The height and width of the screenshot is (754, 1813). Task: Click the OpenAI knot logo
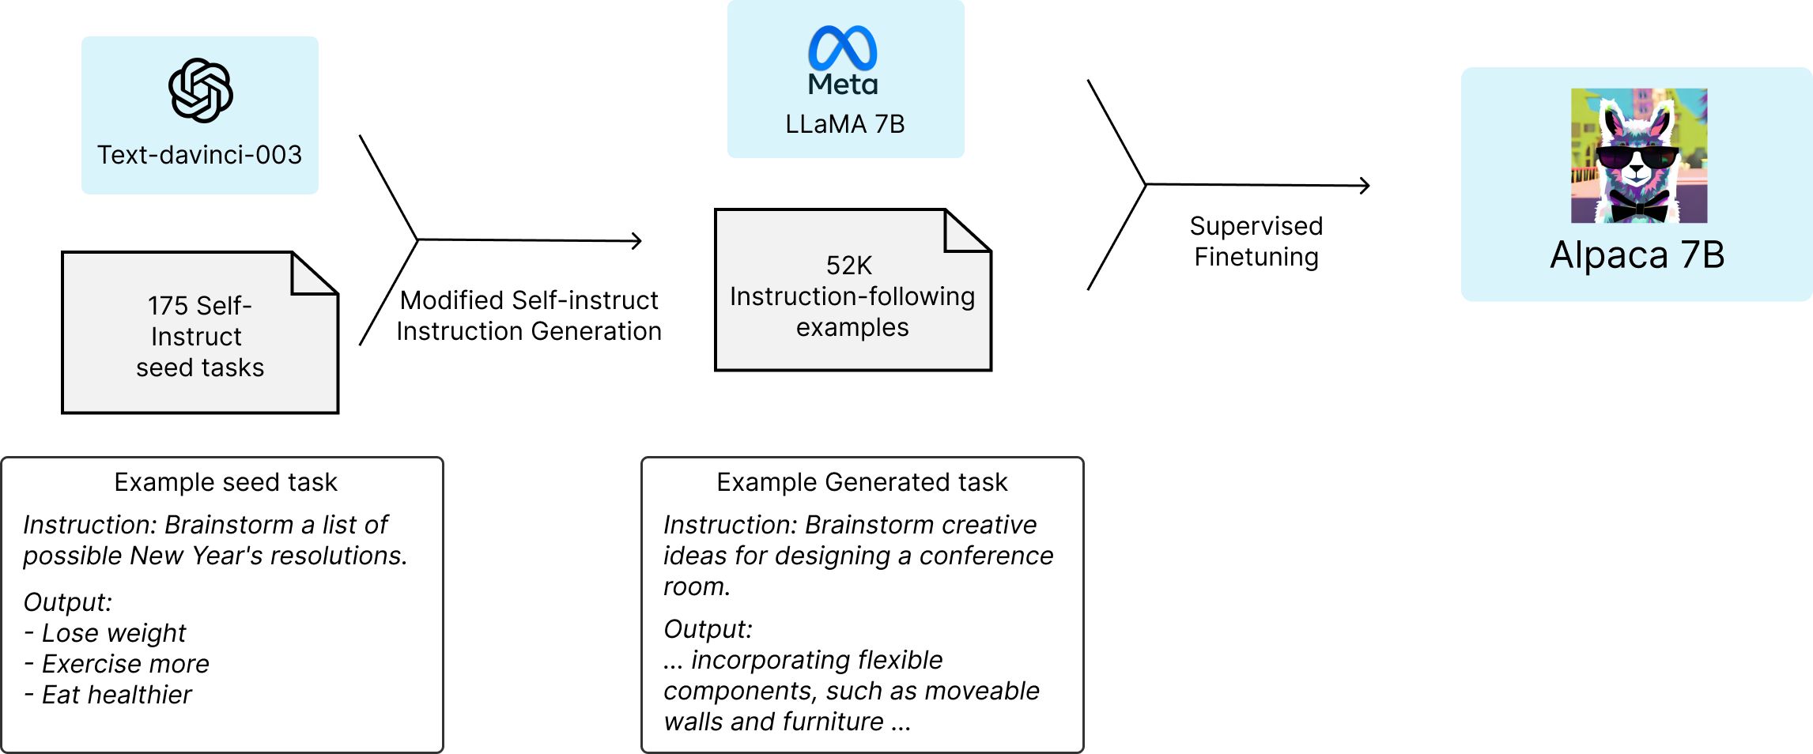pos(201,90)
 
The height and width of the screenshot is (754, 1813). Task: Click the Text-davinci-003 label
pos(199,155)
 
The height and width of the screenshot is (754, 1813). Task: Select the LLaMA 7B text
pos(844,124)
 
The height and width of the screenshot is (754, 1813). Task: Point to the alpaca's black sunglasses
pos(1637,157)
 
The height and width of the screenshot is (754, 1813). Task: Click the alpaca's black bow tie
pos(1639,207)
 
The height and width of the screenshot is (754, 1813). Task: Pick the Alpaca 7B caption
pos(1637,254)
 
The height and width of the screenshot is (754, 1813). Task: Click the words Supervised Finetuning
pos(1256,241)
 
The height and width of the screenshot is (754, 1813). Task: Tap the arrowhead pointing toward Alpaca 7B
pos(1365,186)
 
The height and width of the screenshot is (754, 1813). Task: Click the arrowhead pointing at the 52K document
pos(637,241)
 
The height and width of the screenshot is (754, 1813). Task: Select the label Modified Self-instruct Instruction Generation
pos(529,315)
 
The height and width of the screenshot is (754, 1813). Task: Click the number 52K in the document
pos(848,266)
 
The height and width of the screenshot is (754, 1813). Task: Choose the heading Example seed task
pos(225,482)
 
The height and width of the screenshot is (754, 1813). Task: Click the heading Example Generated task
pos(862,482)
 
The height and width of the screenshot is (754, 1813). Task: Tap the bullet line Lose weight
pos(105,633)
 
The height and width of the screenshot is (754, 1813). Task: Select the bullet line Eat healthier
pos(108,695)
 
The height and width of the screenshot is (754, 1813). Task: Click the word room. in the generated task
pos(697,586)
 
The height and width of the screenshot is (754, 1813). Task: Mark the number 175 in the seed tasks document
pos(167,306)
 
